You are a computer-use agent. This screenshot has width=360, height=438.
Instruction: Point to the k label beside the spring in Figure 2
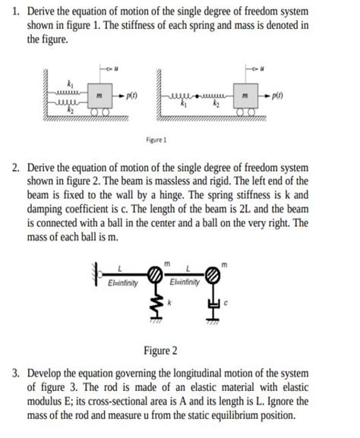pyautogui.click(x=171, y=302)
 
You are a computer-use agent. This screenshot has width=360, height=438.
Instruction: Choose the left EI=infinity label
pyautogui.click(x=122, y=284)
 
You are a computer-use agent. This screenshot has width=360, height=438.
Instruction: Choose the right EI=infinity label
pyautogui.click(x=185, y=284)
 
